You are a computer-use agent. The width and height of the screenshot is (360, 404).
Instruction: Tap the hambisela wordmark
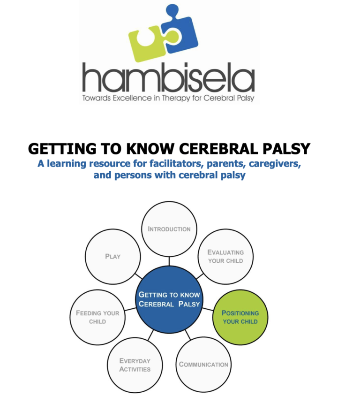(x=169, y=77)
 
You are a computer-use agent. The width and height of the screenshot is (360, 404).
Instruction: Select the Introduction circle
(x=169, y=229)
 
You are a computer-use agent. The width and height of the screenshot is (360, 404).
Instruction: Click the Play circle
(x=112, y=257)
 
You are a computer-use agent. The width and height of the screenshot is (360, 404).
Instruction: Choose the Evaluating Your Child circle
(x=225, y=257)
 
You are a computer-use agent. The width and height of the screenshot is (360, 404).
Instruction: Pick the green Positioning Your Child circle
(x=240, y=317)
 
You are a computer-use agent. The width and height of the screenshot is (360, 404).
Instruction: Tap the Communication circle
(x=203, y=365)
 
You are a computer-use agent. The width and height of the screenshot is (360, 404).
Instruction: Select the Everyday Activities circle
(x=135, y=365)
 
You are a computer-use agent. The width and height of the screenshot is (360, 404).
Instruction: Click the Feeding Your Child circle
(x=97, y=317)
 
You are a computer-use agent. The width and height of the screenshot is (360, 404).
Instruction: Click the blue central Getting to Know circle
(x=169, y=299)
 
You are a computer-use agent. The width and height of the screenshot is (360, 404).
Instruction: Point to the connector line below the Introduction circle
(x=169, y=261)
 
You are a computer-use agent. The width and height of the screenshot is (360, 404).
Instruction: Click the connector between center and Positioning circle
(x=208, y=309)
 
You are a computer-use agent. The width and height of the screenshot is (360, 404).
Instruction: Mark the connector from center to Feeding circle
(x=130, y=309)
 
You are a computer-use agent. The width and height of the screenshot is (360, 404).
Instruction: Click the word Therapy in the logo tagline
(x=176, y=98)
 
